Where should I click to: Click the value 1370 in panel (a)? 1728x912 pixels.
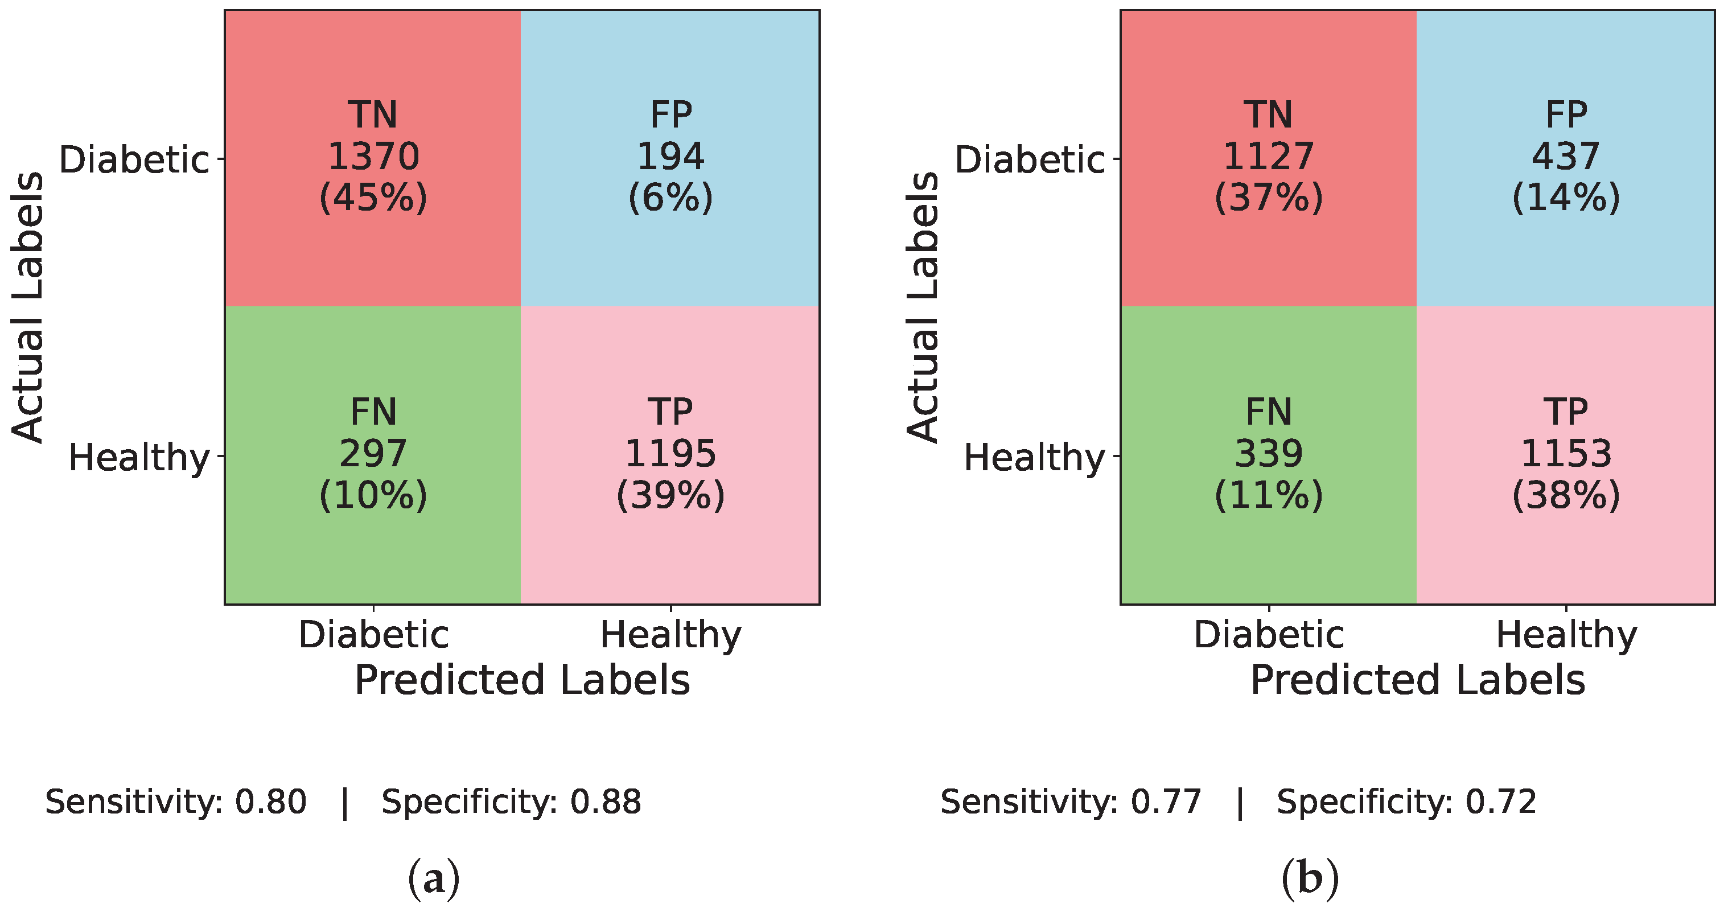pyautogui.click(x=373, y=157)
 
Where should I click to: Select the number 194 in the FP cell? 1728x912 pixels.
pyautogui.click(x=670, y=157)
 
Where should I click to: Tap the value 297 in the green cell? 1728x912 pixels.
pyautogui.click(x=373, y=454)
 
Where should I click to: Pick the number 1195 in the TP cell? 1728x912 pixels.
pyautogui.click(x=670, y=454)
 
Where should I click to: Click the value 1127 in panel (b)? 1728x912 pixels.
pyautogui.click(x=1268, y=157)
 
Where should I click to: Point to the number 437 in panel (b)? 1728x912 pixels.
pyautogui.click(x=1566, y=157)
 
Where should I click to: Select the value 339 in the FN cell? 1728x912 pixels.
pyautogui.click(x=1268, y=454)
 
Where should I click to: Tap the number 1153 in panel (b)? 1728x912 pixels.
pyautogui.click(x=1566, y=454)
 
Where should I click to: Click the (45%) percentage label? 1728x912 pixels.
pyautogui.click(x=373, y=199)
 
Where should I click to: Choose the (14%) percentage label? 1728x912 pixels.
pyautogui.click(x=1566, y=199)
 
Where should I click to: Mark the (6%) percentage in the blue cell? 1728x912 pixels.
pyautogui.click(x=670, y=199)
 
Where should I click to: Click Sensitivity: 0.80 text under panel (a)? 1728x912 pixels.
pyautogui.click(x=176, y=802)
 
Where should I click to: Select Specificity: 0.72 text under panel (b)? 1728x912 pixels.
pyautogui.click(x=1406, y=802)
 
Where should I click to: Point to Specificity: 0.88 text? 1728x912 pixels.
pyautogui.click(x=511, y=802)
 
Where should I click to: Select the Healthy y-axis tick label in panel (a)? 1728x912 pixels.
pyautogui.click(x=139, y=458)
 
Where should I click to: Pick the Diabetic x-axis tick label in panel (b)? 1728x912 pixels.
pyautogui.click(x=1269, y=635)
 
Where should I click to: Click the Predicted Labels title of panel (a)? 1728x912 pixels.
pyautogui.click(x=522, y=680)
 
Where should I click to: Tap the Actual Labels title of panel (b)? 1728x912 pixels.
pyautogui.click(x=923, y=307)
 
